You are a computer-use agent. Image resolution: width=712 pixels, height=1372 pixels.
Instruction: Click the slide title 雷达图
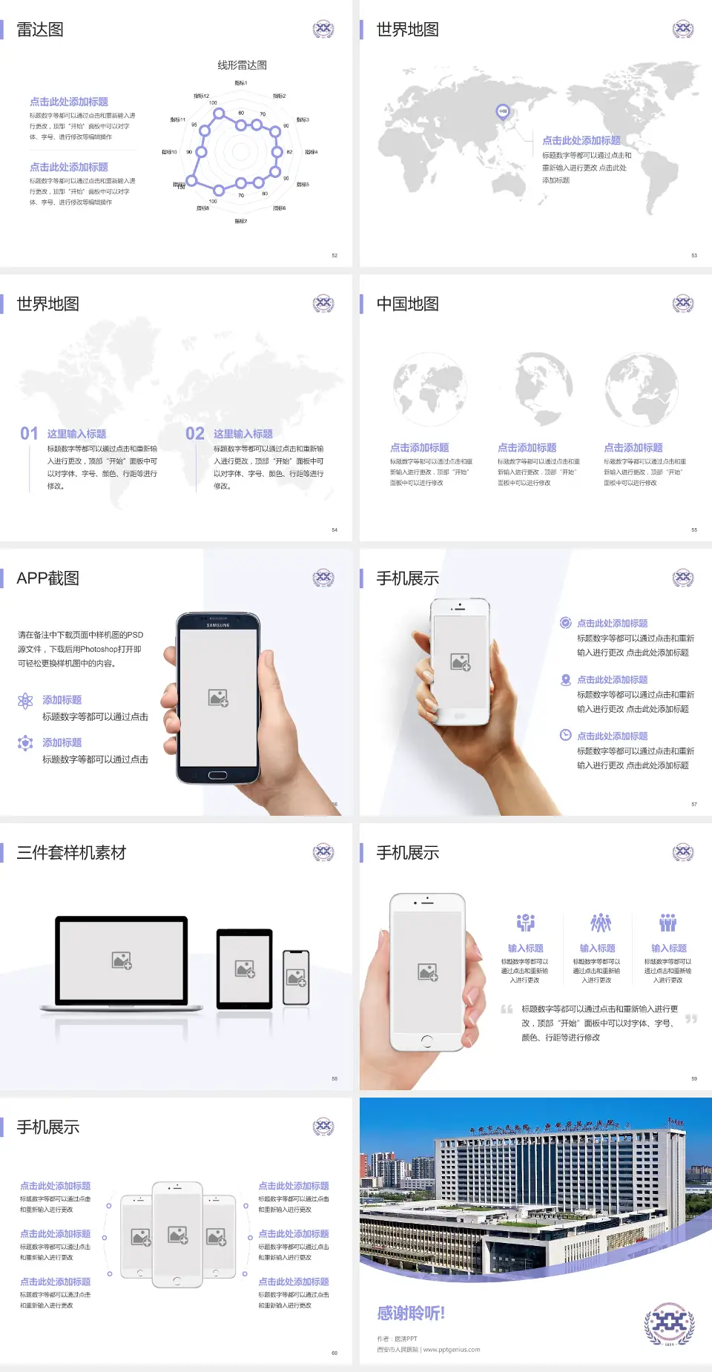click(40, 30)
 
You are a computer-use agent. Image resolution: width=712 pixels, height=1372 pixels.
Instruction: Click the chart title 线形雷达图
click(242, 65)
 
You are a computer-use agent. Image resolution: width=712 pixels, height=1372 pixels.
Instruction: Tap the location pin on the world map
click(503, 112)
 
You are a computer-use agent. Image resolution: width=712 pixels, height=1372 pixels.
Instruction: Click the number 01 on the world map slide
click(29, 434)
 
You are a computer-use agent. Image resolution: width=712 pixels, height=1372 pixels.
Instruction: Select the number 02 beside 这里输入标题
click(195, 434)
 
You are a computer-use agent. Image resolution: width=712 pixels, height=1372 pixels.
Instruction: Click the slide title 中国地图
click(407, 304)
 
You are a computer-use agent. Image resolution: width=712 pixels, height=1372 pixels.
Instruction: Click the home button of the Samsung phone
click(217, 775)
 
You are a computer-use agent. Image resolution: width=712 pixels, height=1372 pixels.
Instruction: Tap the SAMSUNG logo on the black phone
click(218, 625)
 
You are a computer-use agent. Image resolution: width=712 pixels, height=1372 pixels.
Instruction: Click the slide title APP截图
click(47, 578)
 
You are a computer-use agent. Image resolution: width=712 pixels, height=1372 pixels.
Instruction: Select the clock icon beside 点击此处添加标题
click(565, 735)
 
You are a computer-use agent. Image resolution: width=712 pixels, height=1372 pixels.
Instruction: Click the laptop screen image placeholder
click(122, 960)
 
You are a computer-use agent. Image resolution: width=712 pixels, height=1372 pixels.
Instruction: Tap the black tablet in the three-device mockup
click(245, 968)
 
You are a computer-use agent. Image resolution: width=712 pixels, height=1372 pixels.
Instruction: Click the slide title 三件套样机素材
click(71, 853)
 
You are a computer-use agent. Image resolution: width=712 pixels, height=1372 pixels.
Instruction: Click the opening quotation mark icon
click(507, 1009)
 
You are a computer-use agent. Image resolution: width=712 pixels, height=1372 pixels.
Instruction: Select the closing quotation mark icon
click(691, 1019)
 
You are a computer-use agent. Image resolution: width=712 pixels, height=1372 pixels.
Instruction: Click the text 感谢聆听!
click(410, 1313)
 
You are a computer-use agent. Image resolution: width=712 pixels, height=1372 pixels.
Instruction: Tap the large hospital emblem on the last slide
click(669, 1324)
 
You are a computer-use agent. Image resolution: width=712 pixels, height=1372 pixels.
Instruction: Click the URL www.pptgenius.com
click(452, 1350)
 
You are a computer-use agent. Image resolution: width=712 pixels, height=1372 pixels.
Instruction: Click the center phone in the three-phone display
click(177, 1235)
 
